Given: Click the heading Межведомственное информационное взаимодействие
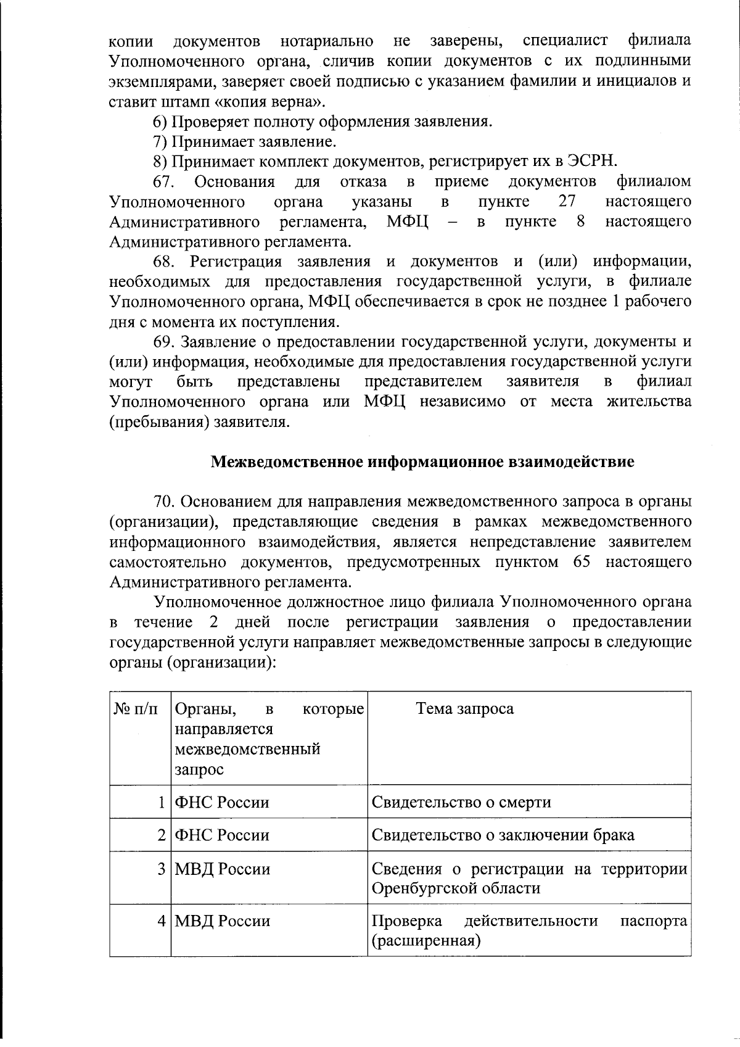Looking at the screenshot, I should pos(422,461).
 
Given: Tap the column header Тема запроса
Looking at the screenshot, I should pos(465,708).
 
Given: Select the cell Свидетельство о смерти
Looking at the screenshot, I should pos(461,802).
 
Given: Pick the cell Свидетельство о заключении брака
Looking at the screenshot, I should pos(503,835).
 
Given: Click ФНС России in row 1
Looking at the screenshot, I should pos(222,802).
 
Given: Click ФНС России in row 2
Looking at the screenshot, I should pos(222,835).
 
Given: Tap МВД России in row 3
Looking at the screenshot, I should pos(223,869).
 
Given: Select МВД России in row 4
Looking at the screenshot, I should pos(223,921).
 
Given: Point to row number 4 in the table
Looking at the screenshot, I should pos(161,921).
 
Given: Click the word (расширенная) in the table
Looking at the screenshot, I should pos(426,940).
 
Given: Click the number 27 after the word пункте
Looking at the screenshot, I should pos(566,201).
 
